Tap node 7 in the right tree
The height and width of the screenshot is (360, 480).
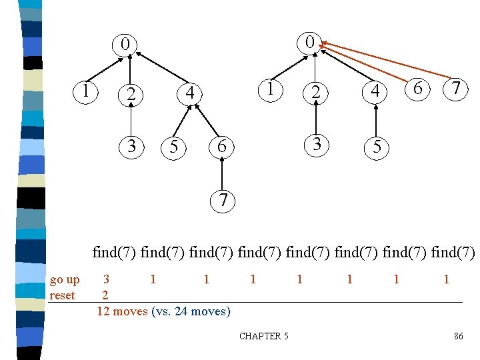(456, 88)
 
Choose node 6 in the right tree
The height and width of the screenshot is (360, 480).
(417, 88)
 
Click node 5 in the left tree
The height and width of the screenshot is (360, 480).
(174, 147)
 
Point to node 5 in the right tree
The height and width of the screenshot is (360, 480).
(377, 147)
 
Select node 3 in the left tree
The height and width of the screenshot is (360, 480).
(131, 145)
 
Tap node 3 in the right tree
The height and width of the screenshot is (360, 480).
(317, 144)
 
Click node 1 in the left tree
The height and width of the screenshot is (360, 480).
(86, 89)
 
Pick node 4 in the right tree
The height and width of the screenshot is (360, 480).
(375, 91)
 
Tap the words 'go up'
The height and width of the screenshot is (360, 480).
(65, 279)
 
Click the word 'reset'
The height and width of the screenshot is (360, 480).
(62, 295)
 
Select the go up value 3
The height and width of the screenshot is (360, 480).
(106, 279)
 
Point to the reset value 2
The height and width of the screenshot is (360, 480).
(105, 295)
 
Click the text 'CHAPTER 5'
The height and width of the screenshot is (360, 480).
(264, 336)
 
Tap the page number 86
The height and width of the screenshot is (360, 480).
(458, 336)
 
